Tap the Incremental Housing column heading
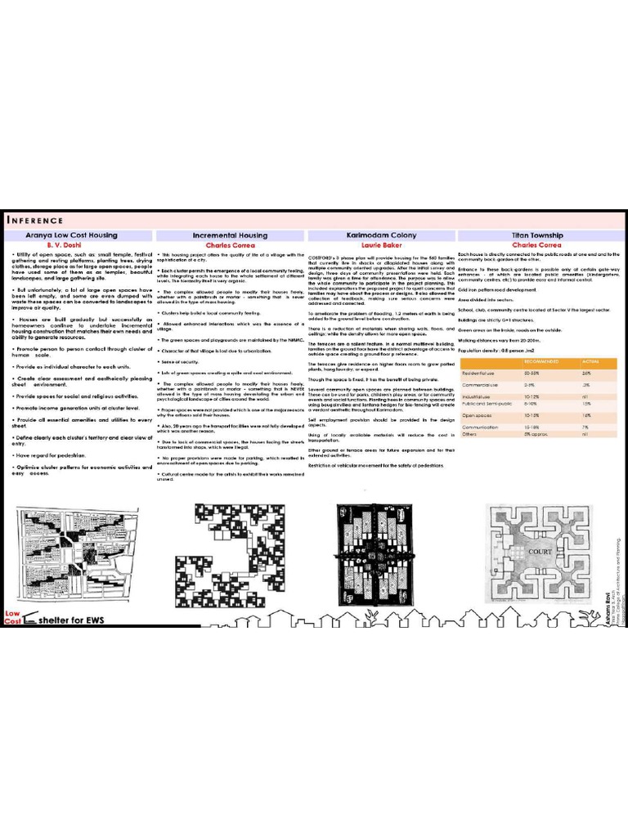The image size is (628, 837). coord(230,235)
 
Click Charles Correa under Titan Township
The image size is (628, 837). coord(536,244)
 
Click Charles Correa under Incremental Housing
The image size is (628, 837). coord(230,244)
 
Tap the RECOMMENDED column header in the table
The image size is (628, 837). coord(541,360)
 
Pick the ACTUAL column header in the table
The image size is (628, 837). coord(590,360)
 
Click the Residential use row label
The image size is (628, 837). coord(479,373)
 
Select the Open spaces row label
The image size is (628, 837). coord(477,415)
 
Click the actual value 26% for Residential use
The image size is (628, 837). coord(586,373)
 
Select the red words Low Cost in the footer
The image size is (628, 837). coord(12,618)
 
